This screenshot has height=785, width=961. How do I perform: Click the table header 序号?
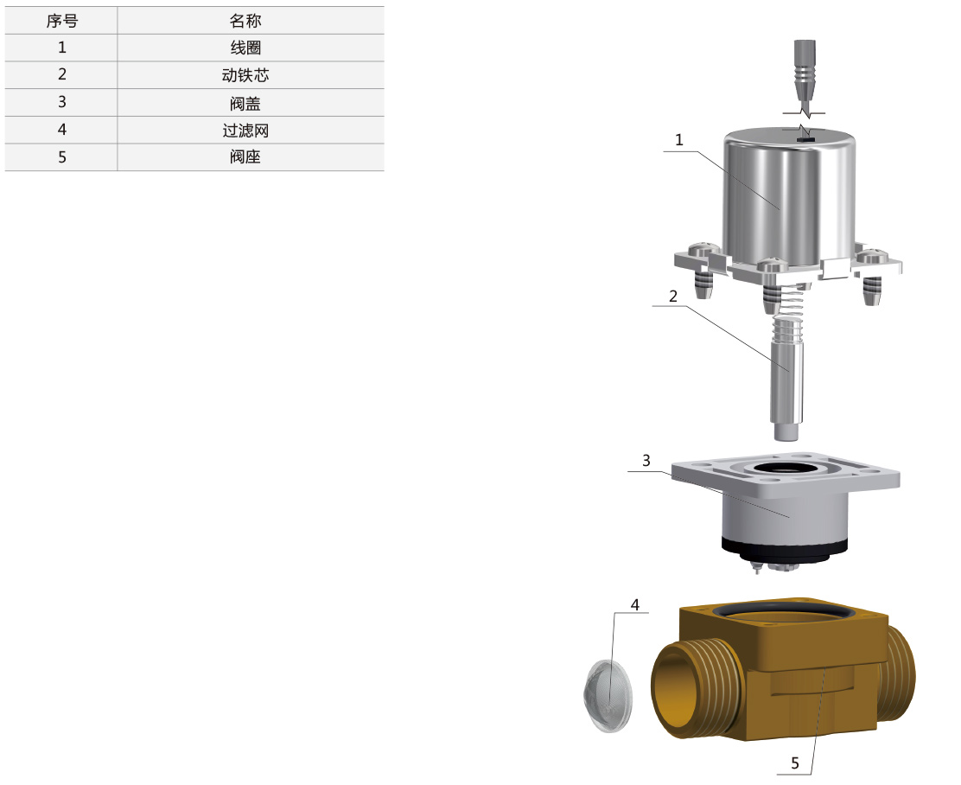click(62, 21)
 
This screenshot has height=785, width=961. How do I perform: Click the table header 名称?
click(245, 21)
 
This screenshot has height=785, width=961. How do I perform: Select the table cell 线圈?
click(245, 48)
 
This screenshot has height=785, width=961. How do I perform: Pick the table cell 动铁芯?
click(245, 75)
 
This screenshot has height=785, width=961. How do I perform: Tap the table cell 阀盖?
click(245, 103)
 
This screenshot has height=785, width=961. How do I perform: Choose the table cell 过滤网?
click(245, 130)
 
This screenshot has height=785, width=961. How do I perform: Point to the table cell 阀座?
click(245, 157)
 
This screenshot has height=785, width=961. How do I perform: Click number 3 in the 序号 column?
click(62, 102)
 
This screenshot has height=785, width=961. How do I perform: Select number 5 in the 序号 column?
click(62, 157)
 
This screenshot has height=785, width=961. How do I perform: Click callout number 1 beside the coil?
click(678, 140)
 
